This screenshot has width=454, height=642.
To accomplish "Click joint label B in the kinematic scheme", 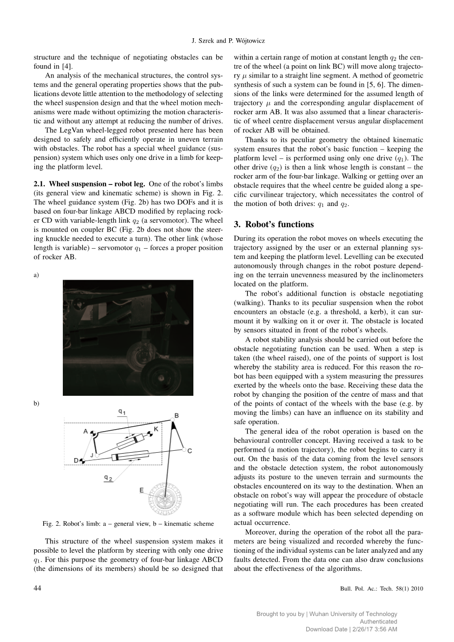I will click(177, 416).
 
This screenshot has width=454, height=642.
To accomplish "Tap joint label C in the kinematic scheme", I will click(190, 451).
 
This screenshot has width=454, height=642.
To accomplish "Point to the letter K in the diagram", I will click(156, 429).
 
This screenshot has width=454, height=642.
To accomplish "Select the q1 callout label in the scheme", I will click(122, 411).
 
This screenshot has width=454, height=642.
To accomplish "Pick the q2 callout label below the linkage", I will click(108, 477).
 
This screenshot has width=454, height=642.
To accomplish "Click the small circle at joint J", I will click(97, 456).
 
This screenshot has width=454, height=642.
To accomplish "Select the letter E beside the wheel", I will click(141, 490).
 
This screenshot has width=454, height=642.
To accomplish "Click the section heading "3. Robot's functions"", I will click(273, 224).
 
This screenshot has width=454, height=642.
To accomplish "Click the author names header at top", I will click(226, 41).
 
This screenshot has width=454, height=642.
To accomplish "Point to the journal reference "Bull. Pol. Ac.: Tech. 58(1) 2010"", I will click(381, 589).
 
